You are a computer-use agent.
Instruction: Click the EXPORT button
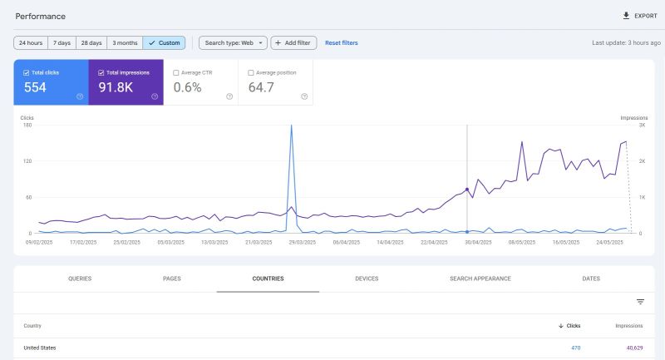(x=639, y=16)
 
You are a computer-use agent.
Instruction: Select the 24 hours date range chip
(x=31, y=42)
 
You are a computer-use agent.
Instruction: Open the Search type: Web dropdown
(x=233, y=42)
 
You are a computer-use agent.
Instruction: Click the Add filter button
(x=293, y=42)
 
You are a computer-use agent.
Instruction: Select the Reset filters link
(x=342, y=42)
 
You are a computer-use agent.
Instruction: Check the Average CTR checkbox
(x=175, y=72)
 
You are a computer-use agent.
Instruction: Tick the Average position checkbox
(x=251, y=72)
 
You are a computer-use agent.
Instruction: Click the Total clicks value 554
(x=36, y=87)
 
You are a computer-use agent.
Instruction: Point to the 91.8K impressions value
(x=116, y=87)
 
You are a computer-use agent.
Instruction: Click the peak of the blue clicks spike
(x=291, y=126)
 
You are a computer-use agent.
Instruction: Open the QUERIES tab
(x=80, y=279)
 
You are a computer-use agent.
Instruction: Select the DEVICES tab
(x=367, y=279)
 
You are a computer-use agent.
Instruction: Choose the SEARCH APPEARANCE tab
(x=480, y=279)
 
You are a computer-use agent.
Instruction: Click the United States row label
(x=40, y=348)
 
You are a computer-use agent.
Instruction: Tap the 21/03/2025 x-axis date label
(x=260, y=242)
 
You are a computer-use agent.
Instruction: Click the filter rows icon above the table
(x=640, y=302)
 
